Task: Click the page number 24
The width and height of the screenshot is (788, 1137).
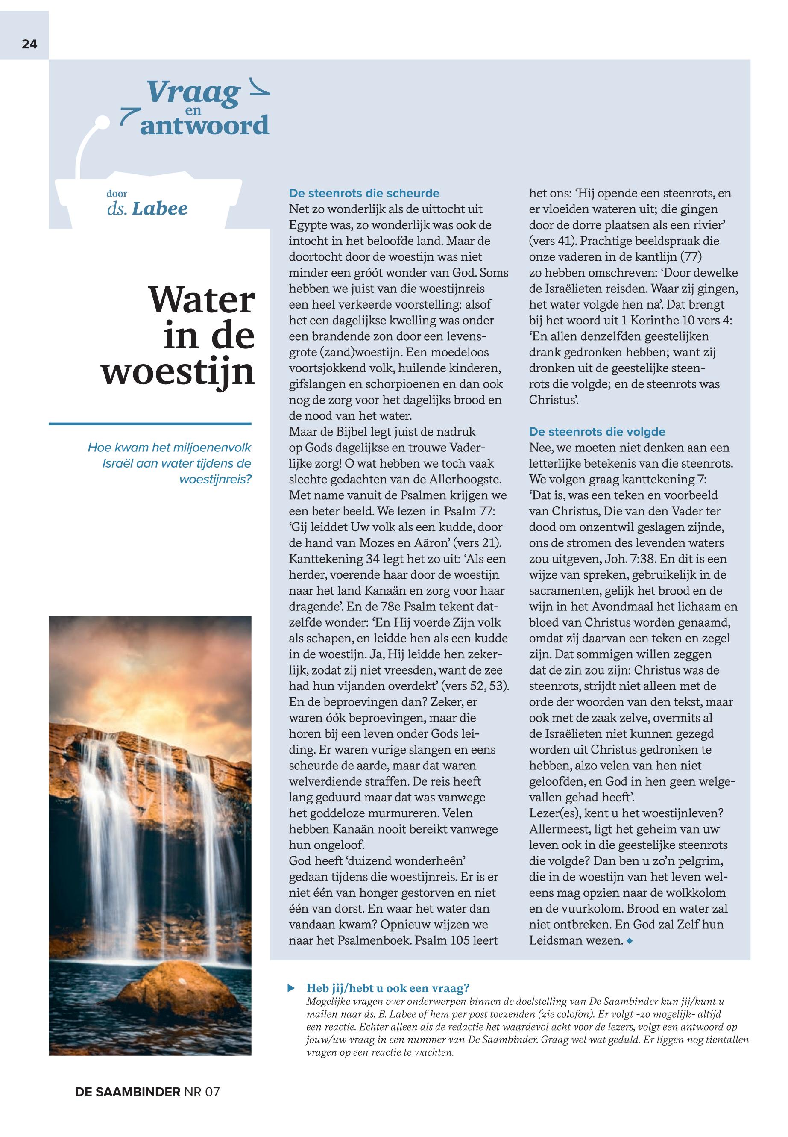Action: [x=29, y=44]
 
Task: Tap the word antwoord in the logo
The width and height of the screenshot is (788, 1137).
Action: [x=205, y=126]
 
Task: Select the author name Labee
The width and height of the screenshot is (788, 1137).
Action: [x=159, y=209]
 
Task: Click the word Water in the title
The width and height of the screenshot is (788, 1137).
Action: [x=202, y=300]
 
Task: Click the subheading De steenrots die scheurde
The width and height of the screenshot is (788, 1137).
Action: [x=364, y=193]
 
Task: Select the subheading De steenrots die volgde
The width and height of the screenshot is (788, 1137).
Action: [x=597, y=432]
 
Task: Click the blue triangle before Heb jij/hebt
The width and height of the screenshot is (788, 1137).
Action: [x=291, y=988]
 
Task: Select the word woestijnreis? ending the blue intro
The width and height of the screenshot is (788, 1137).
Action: [x=215, y=479]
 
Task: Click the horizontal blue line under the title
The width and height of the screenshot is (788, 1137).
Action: [x=149, y=424]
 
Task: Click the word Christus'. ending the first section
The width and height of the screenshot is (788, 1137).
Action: [x=554, y=400]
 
